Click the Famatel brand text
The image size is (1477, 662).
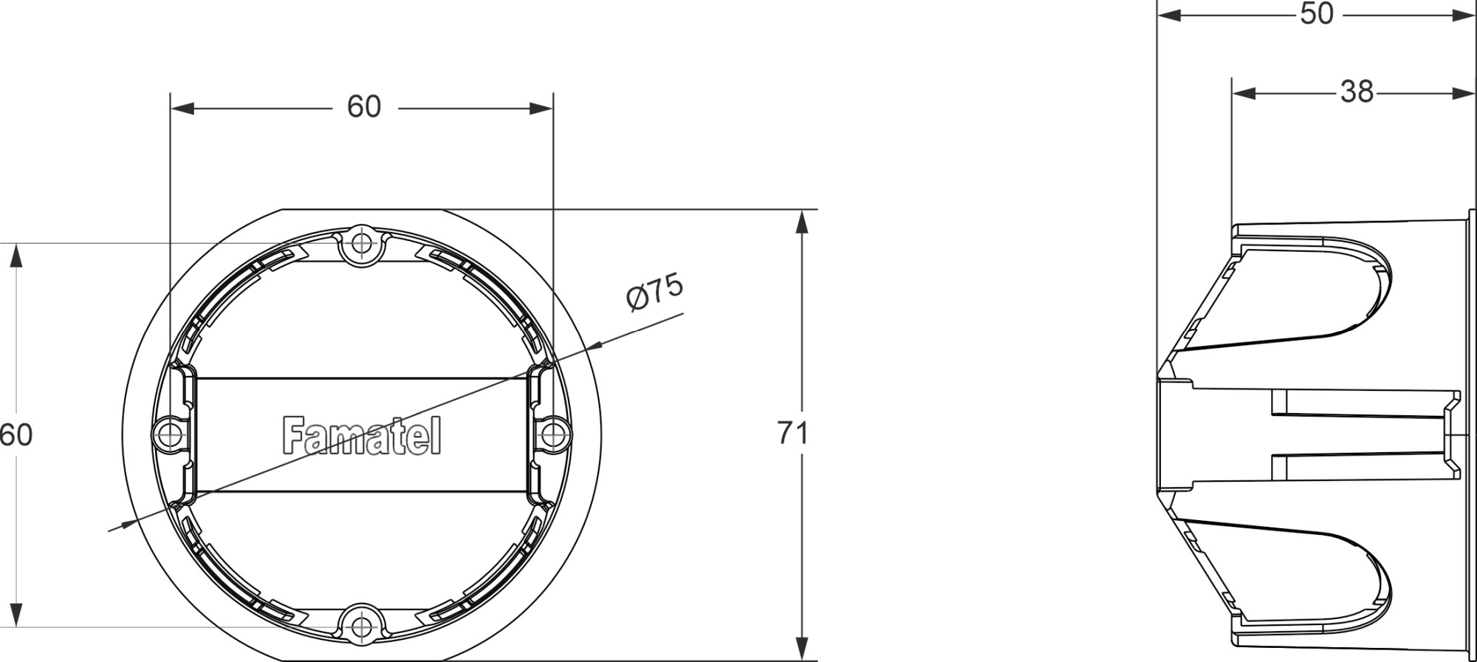point(361,436)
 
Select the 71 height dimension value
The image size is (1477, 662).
point(792,433)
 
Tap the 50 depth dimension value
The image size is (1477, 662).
point(1317,13)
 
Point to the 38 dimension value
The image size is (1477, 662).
point(1357,92)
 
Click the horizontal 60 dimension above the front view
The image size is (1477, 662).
point(363,107)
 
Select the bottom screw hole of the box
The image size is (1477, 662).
point(361,627)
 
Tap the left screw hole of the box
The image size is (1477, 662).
point(169,434)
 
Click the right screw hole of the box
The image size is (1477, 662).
point(553,434)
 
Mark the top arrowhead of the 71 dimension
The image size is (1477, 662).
point(801,222)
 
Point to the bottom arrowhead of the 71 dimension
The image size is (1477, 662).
point(801,649)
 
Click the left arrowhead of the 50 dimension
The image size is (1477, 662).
point(1170,15)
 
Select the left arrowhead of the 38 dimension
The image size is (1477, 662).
point(1244,93)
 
